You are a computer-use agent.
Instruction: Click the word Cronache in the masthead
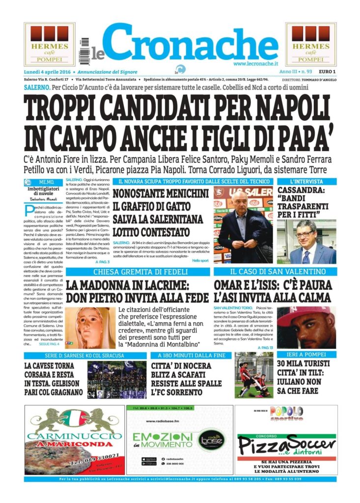click(x=192, y=43)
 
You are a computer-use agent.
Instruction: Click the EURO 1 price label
click(x=327, y=72)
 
